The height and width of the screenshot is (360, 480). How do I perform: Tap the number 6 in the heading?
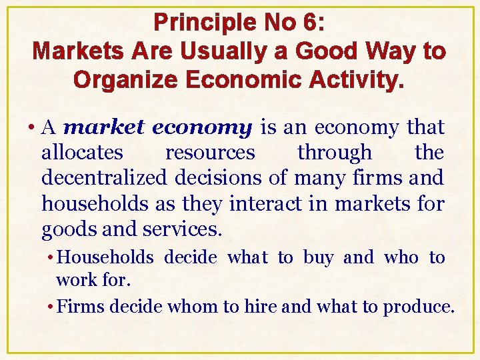click(311, 23)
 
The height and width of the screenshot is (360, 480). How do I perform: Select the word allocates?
click(82, 153)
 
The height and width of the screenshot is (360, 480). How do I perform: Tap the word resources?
click(210, 153)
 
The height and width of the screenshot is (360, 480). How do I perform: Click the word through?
click(335, 153)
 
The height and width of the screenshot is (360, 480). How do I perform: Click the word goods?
click(65, 230)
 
